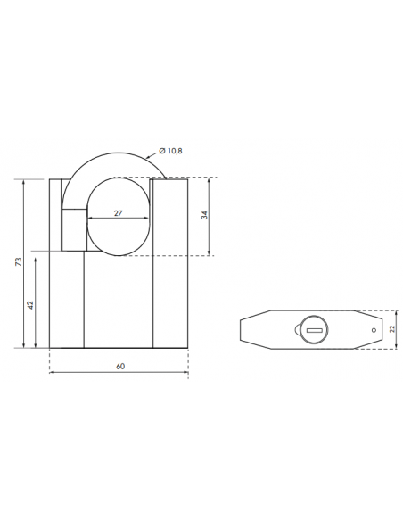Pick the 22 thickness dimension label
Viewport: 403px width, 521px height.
point(391,329)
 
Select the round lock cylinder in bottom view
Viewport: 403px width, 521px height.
point(315,329)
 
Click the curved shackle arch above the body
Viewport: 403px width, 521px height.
point(111,161)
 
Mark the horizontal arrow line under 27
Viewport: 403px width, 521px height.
point(118,219)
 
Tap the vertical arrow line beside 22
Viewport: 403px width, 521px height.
point(384,329)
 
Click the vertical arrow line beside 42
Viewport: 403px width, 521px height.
point(37,300)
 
